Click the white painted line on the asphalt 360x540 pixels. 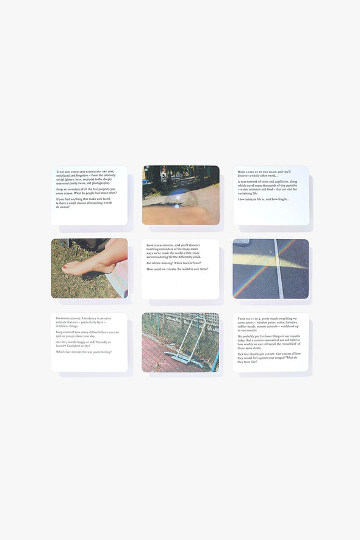[279, 268]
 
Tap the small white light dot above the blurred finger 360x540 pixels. [177, 206]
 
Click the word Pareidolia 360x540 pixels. [64, 319]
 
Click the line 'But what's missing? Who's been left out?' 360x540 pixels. [175, 263]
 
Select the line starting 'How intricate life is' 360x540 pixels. [264, 199]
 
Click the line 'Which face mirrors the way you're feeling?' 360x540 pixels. [84, 351]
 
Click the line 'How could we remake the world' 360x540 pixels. [177, 268]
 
